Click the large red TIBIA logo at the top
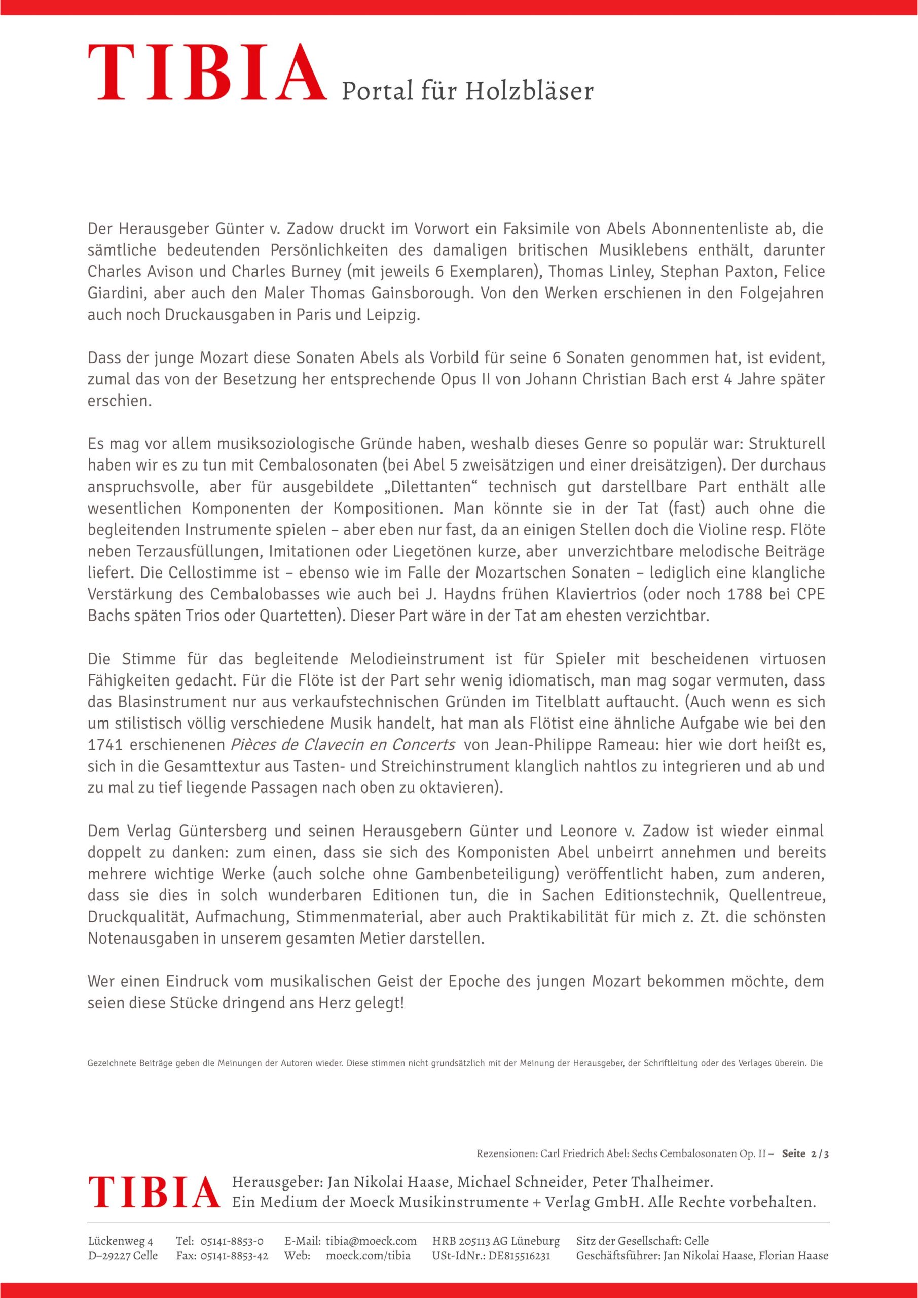[x=207, y=74]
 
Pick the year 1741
[x=104, y=745]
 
